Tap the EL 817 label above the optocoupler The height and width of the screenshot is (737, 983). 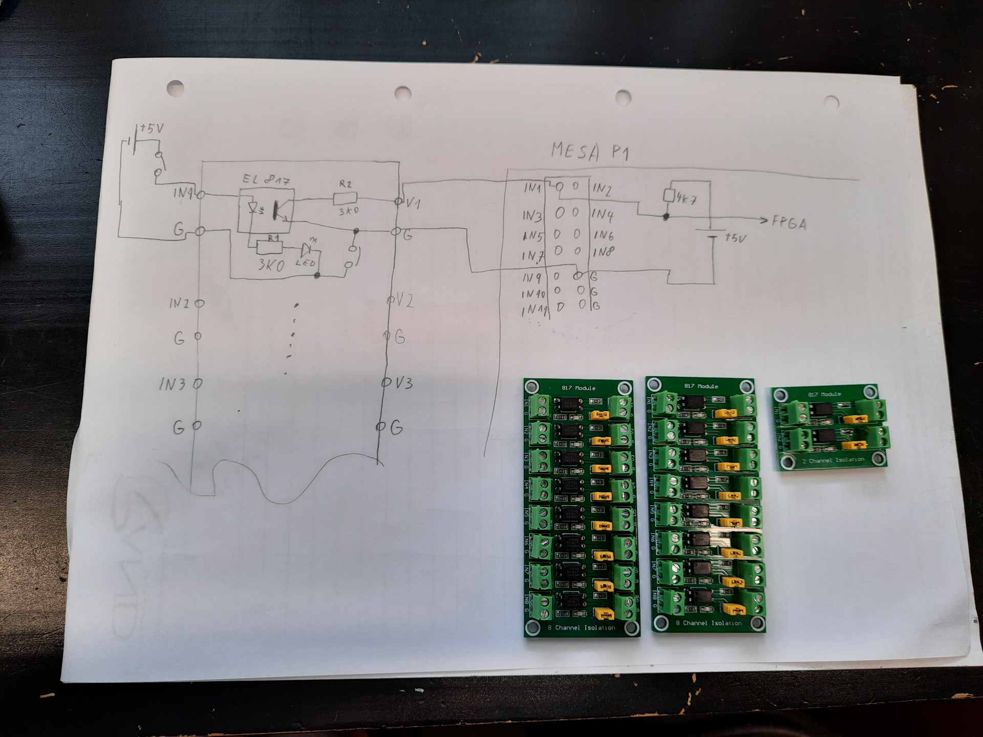(x=266, y=180)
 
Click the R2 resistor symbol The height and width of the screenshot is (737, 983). (x=345, y=199)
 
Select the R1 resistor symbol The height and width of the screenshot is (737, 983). (x=269, y=248)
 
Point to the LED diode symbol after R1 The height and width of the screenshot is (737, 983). (x=306, y=250)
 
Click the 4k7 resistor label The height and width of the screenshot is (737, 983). (x=686, y=199)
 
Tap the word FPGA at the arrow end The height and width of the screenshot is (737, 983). (x=788, y=223)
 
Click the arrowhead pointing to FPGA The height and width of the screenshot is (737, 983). (x=764, y=221)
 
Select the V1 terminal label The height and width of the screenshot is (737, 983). (x=413, y=203)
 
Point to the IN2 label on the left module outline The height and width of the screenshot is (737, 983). (x=179, y=304)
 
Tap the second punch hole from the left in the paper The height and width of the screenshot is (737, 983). (x=403, y=93)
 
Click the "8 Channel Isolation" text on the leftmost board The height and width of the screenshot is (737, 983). (x=581, y=627)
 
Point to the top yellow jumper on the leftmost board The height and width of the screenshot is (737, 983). (x=599, y=415)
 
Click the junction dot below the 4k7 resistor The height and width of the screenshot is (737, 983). (x=666, y=217)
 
